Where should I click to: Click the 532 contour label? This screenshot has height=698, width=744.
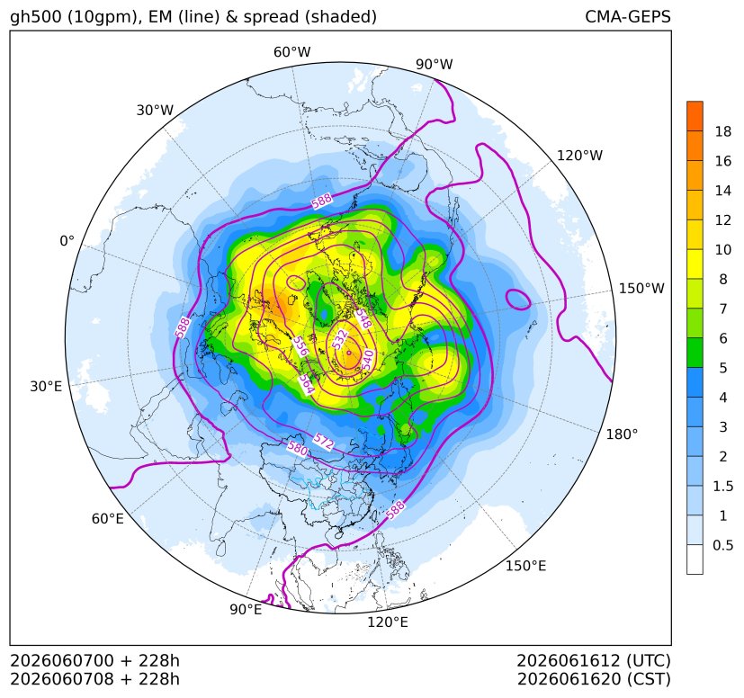(340, 340)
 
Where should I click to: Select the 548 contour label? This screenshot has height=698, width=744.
(363, 319)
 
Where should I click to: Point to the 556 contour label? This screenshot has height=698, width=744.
(300, 346)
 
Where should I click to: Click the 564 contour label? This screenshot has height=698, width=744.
(307, 384)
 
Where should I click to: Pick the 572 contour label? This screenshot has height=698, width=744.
(323, 442)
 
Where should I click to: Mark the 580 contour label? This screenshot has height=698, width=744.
(298, 448)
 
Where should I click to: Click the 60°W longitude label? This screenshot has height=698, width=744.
(291, 52)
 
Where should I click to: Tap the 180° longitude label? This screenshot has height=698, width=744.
(622, 434)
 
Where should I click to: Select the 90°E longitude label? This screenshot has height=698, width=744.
(246, 610)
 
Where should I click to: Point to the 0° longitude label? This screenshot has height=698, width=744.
(67, 241)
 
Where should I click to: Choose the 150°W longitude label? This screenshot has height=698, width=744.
(641, 289)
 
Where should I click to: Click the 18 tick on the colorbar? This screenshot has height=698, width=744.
(723, 131)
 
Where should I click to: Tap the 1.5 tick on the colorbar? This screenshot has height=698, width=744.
(723, 486)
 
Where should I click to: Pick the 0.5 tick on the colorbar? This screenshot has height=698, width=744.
(723, 545)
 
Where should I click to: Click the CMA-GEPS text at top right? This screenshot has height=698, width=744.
(628, 17)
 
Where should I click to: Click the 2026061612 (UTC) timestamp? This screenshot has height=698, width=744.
(594, 660)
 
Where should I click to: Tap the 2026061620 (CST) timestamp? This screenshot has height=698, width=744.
(594, 679)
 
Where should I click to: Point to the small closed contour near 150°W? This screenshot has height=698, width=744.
(518, 291)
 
